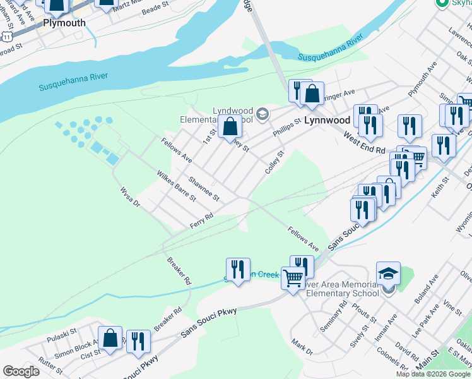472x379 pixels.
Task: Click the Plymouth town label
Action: point(64,23)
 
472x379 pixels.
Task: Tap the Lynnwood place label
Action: point(327,119)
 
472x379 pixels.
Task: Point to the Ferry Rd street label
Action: point(202,220)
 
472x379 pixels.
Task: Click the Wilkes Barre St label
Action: point(176,185)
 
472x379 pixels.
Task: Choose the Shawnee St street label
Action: point(204,188)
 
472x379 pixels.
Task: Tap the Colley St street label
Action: point(276,162)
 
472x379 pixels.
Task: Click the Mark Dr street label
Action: point(302,346)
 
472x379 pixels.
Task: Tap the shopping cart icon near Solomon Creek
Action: point(293,278)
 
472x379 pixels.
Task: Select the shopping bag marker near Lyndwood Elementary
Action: point(231,126)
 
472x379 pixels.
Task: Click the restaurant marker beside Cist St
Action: point(138,341)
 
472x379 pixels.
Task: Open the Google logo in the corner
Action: point(21,371)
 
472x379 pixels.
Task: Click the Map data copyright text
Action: point(432,374)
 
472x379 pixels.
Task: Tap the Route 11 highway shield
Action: point(6,37)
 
